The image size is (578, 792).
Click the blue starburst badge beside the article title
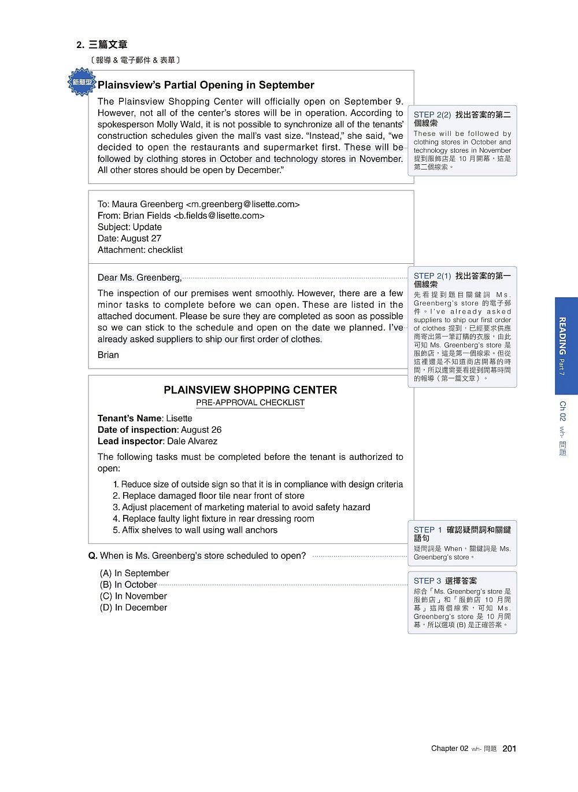(81, 82)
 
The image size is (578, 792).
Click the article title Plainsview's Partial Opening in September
(206, 85)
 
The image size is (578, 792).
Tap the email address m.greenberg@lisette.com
(243, 204)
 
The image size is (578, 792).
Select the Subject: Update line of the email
(129, 227)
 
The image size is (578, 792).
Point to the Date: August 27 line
(129, 238)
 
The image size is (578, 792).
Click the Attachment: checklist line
(140, 250)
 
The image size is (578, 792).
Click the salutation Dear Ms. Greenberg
(139, 278)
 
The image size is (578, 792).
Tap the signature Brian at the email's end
(108, 355)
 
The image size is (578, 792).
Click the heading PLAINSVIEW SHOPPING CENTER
(250, 390)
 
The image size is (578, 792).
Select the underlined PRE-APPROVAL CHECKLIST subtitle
(250, 403)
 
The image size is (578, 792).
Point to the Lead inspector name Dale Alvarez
(192, 441)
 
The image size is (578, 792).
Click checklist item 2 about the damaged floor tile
(209, 496)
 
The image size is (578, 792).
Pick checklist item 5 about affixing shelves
(195, 530)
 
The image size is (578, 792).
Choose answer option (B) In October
(128, 584)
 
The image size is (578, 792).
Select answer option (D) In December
(134, 607)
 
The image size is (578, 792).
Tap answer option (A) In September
(135, 573)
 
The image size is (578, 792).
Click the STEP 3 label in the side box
(427, 581)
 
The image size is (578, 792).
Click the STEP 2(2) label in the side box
(432, 115)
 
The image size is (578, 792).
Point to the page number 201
(509, 749)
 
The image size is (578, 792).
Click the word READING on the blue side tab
(562, 336)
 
